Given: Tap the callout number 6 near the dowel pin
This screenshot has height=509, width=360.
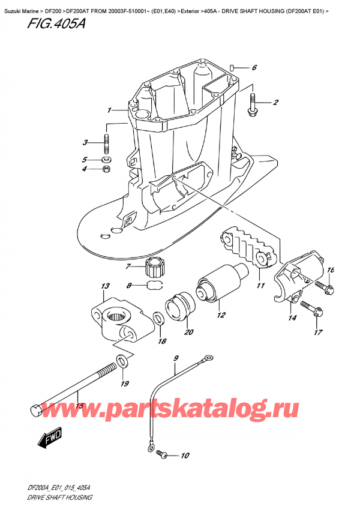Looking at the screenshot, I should (x=254, y=67).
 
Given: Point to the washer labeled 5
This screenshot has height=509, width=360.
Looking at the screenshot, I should (x=107, y=160).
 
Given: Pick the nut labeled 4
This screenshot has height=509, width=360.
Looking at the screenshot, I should (x=107, y=169).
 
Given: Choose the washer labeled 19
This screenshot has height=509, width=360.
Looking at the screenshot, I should (x=122, y=361).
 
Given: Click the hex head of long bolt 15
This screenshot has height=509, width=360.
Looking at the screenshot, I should (x=35, y=411).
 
